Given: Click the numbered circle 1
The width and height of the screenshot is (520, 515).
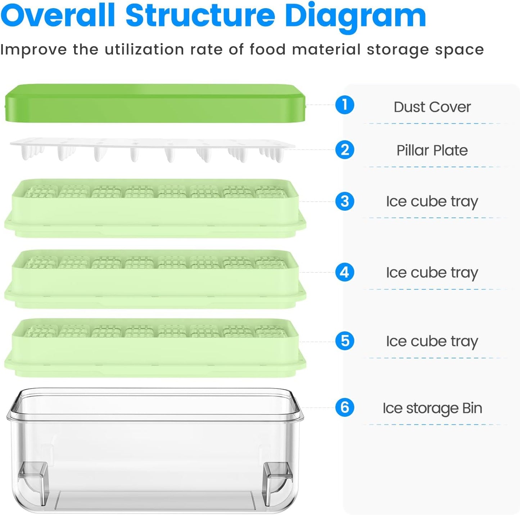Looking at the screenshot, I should [x=344, y=105].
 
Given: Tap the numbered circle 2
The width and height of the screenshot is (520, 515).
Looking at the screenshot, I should [x=344, y=150].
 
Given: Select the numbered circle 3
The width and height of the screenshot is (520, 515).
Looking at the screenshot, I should [x=344, y=201].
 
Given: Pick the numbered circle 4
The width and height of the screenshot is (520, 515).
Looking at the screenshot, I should [x=344, y=272].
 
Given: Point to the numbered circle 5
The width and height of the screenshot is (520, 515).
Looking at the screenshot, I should [x=344, y=341].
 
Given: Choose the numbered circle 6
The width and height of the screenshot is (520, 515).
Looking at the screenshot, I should [x=344, y=408].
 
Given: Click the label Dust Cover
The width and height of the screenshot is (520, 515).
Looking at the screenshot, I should [x=432, y=107].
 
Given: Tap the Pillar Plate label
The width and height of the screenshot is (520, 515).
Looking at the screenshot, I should [x=432, y=150].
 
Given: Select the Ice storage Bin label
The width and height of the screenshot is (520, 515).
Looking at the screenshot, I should [x=432, y=408].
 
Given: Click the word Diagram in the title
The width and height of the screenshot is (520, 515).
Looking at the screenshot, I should [x=355, y=16].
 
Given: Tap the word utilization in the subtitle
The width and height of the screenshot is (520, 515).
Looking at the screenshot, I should [x=144, y=50].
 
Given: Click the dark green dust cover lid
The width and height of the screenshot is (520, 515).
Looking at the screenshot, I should [x=155, y=104].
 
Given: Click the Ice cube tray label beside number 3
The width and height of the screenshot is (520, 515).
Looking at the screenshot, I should [x=432, y=202].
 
